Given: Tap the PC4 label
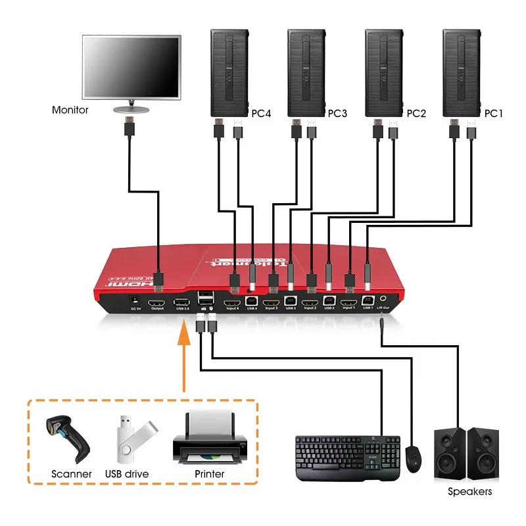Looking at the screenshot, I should point(261,114).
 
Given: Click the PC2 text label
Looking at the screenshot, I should point(416,114).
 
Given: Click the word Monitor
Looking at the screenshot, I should point(70,110).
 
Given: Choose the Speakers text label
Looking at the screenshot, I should point(469,491).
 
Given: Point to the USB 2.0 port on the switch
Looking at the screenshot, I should point(181,302).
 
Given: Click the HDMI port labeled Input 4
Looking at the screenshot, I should point(232,302).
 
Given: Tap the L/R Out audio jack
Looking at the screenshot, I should point(383,302).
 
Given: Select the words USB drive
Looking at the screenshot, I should point(127,474).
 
